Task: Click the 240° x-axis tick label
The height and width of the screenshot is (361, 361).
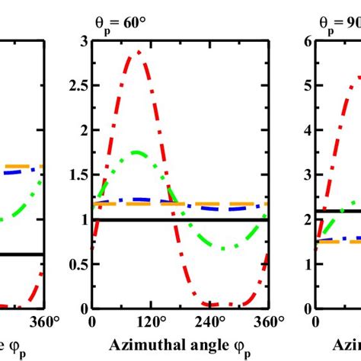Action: point(212,322)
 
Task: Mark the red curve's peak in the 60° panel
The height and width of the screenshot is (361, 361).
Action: point(138,51)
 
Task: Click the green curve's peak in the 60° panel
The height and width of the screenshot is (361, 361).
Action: point(136,152)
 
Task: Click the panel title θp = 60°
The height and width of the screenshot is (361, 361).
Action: point(106,22)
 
